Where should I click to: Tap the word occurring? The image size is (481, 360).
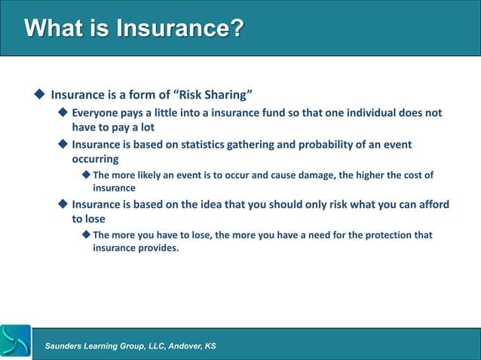pos(95,159)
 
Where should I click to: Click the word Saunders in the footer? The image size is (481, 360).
pos(66,346)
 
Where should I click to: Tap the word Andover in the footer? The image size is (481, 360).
pos(178,346)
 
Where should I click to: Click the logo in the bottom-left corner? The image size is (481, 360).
pos(16,342)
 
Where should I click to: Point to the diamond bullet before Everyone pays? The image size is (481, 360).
pos(63,113)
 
